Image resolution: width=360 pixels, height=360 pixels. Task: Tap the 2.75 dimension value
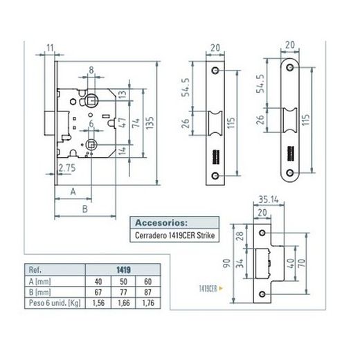[67, 168]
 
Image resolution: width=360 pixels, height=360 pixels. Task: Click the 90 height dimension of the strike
[226, 262]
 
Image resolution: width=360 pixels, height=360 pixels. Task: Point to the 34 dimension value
[239, 263]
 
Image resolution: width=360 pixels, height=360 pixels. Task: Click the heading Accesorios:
[160, 224]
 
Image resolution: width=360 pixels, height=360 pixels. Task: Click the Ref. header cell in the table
[34, 271]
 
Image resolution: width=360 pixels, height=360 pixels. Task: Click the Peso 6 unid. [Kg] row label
[53, 302]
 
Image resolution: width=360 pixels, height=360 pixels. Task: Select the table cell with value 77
[122, 291]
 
